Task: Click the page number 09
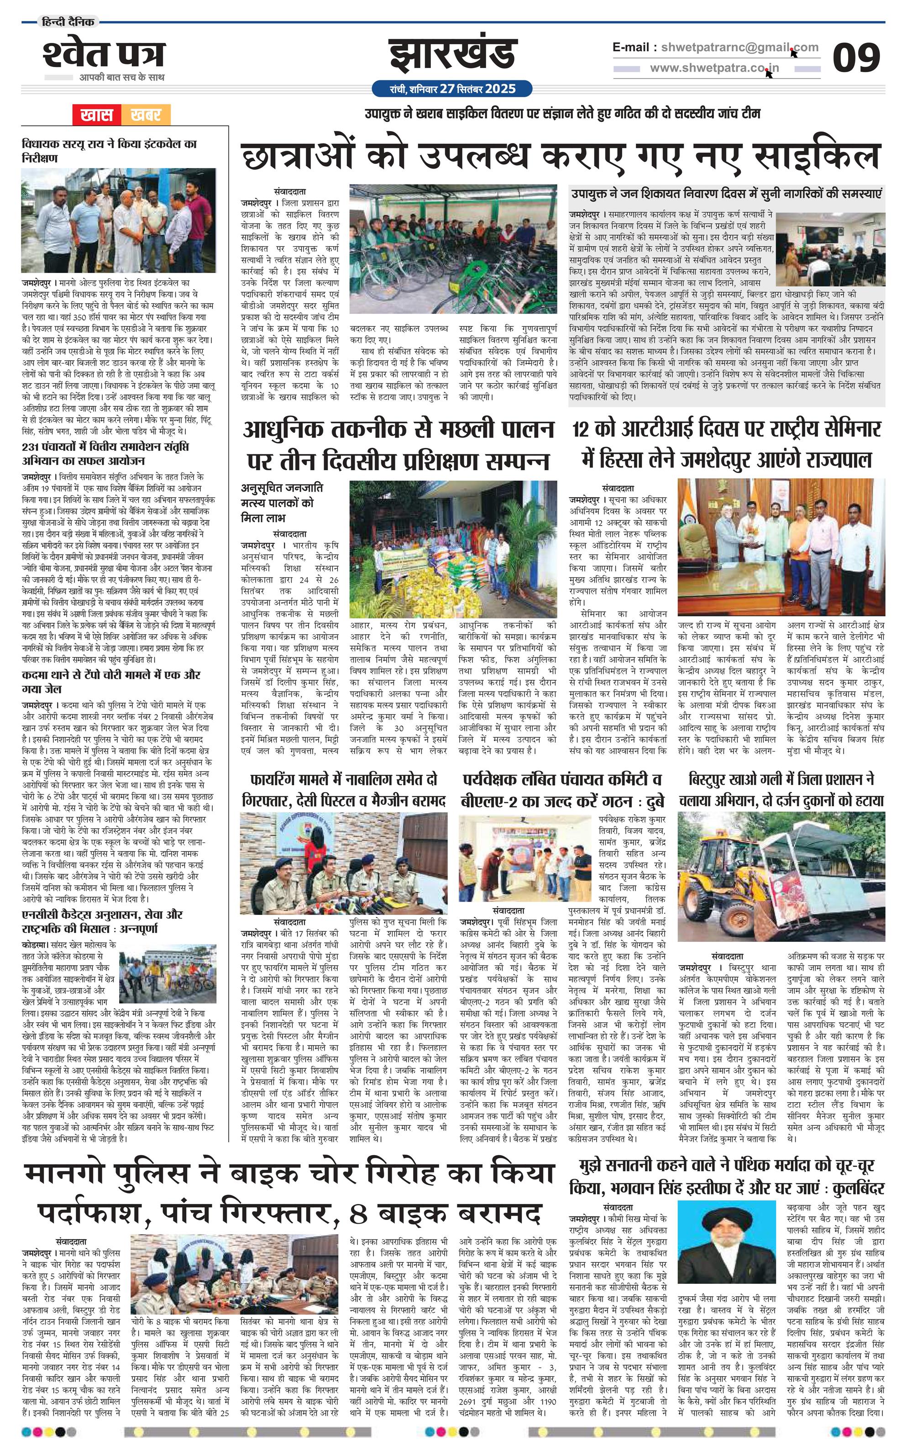tap(855, 58)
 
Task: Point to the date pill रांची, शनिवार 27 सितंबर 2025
tap(452, 89)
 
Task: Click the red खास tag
tap(97, 115)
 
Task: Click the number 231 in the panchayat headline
tap(31, 447)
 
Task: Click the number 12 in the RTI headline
tap(580, 430)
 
